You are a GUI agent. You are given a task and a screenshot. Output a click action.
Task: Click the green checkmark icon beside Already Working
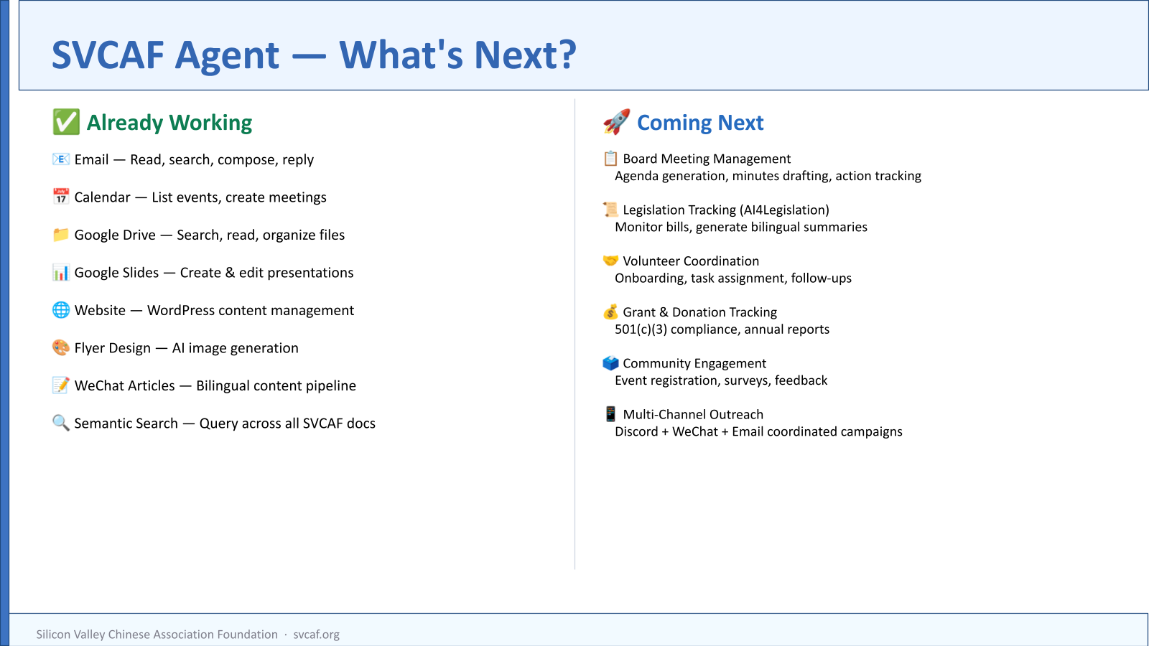click(x=66, y=122)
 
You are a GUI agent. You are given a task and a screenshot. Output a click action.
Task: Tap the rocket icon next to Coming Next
click(x=617, y=121)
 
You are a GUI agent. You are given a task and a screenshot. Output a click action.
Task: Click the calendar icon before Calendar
click(x=60, y=197)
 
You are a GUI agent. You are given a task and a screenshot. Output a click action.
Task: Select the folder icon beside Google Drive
click(x=60, y=234)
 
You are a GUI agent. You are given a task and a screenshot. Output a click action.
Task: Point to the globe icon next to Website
click(x=60, y=309)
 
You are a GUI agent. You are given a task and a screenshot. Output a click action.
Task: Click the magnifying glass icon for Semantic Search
click(x=60, y=423)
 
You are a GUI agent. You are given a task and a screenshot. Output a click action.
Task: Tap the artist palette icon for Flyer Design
click(x=60, y=347)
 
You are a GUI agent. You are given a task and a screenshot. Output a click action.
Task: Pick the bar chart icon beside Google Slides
click(x=60, y=272)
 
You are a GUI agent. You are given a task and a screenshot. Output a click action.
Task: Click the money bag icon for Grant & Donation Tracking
click(x=610, y=312)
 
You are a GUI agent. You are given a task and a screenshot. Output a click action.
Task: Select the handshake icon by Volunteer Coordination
click(x=610, y=261)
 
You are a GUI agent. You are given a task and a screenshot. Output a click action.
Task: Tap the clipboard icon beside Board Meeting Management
click(x=610, y=159)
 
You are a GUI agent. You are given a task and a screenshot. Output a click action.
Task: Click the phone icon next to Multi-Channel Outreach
click(x=610, y=413)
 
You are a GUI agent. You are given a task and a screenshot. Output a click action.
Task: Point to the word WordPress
click(x=180, y=310)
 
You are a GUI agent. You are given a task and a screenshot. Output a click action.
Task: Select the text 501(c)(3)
click(x=641, y=329)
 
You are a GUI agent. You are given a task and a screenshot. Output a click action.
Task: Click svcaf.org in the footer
click(x=316, y=635)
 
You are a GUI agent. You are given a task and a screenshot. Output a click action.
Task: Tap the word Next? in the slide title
click(x=525, y=55)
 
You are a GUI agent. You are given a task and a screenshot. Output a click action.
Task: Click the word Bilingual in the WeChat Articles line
click(x=223, y=385)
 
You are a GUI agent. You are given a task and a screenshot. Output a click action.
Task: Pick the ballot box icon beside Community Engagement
click(x=610, y=363)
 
